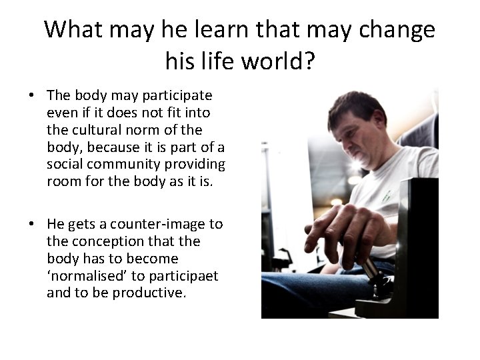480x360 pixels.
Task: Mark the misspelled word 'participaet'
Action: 184,276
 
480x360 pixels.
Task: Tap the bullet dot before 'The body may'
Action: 32,95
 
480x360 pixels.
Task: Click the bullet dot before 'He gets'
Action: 32,225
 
